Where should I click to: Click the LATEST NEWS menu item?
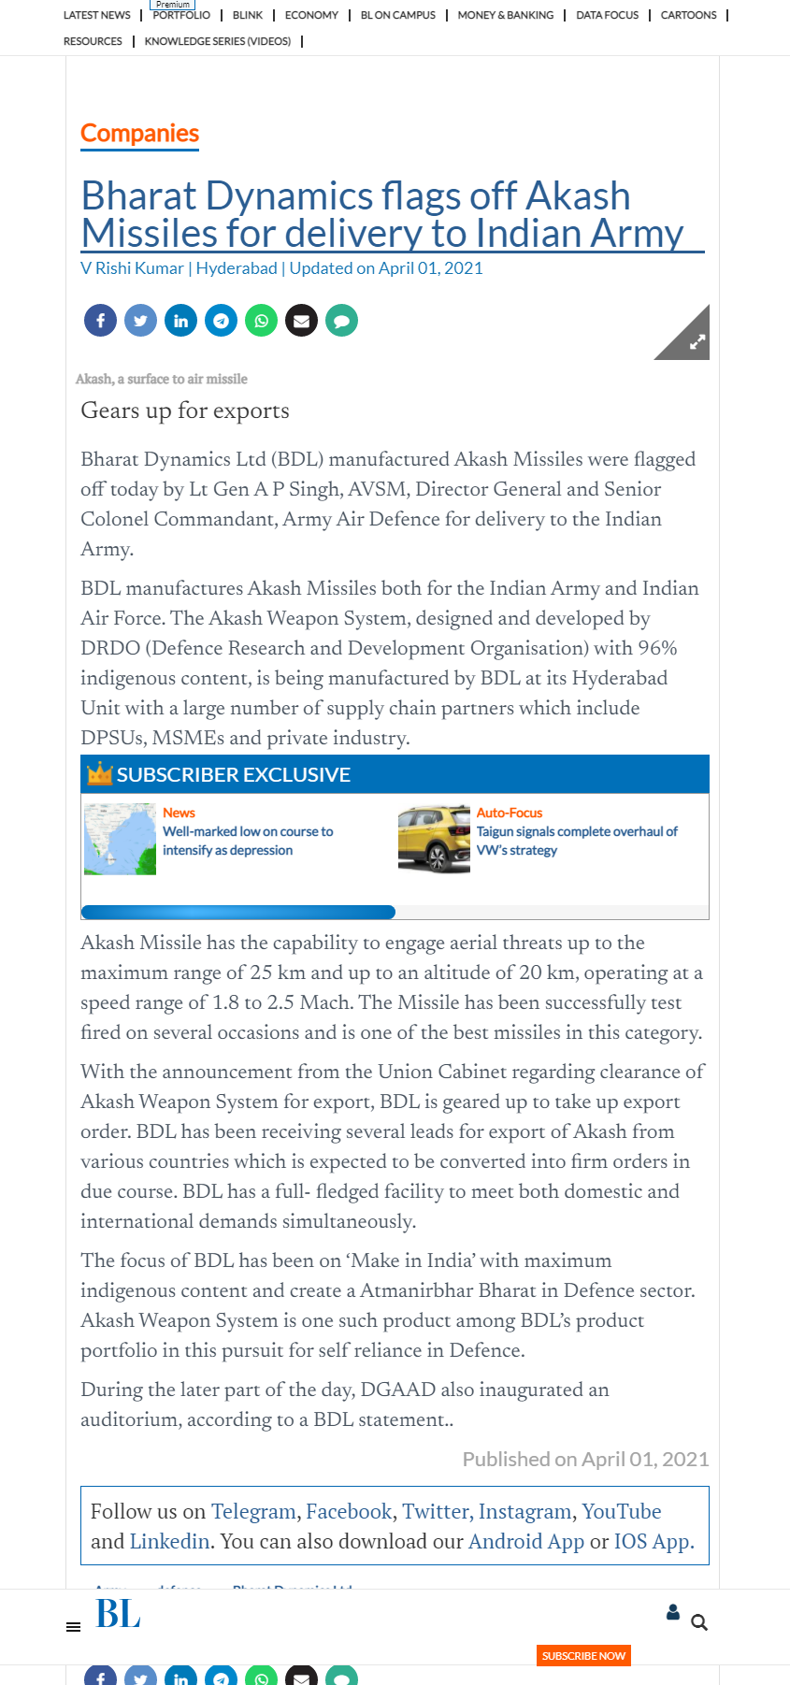tap(96, 15)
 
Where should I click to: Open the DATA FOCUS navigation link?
tap(607, 15)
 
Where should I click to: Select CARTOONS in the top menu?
tap(688, 15)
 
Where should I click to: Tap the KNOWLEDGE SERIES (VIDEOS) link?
tap(217, 41)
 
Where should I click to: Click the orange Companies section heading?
tap(139, 134)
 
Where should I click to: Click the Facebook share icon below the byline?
tap(100, 321)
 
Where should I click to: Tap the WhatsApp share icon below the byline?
tap(261, 321)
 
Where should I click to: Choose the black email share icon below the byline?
tap(301, 321)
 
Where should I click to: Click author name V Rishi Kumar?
tap(132, 268)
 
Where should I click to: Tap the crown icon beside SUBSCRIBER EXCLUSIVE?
tap(99, 773)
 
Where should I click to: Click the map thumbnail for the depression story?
tap(120, 839)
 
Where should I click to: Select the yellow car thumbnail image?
tap(434, 839)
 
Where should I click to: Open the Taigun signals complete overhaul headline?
tap(576, 841)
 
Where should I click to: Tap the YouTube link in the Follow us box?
tap(621, 1511)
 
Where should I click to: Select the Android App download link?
tap(525, 1541)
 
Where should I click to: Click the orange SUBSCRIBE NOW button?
tap(583, 1655)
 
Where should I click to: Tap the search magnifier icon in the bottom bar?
tap(698, 1622)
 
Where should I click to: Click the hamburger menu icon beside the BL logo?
tap(73, 1627)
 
